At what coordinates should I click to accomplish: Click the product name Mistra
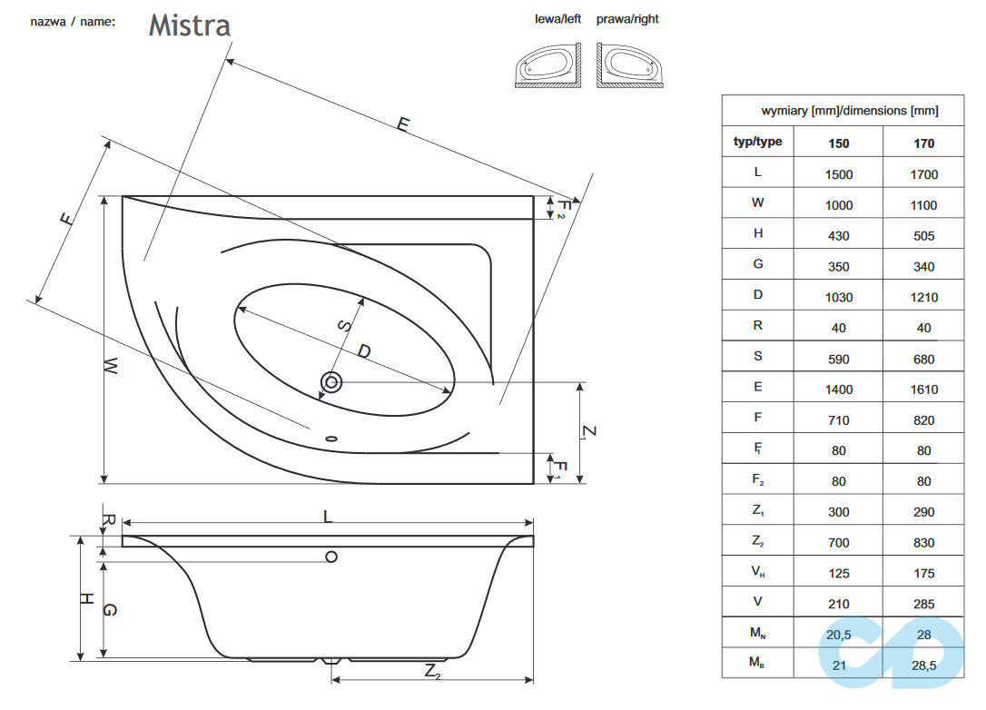190,25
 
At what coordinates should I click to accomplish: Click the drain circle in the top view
331,382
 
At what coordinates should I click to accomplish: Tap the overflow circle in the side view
331,557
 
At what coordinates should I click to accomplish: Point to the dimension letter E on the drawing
402,124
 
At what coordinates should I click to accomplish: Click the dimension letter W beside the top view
110,366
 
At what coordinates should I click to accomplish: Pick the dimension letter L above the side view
328,517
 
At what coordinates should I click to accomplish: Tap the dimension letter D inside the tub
363,350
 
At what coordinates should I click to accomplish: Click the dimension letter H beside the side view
85,598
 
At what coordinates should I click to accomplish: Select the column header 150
838,143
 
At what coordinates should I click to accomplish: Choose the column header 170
923,143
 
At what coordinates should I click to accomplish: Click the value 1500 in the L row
838,174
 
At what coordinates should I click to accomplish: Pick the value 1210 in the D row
923,297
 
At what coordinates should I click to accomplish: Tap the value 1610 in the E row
923,389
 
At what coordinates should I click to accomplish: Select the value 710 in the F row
838,419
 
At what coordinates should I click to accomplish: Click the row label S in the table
757,356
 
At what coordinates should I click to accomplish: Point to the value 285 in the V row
923,603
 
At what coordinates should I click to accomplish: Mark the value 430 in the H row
838,235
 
